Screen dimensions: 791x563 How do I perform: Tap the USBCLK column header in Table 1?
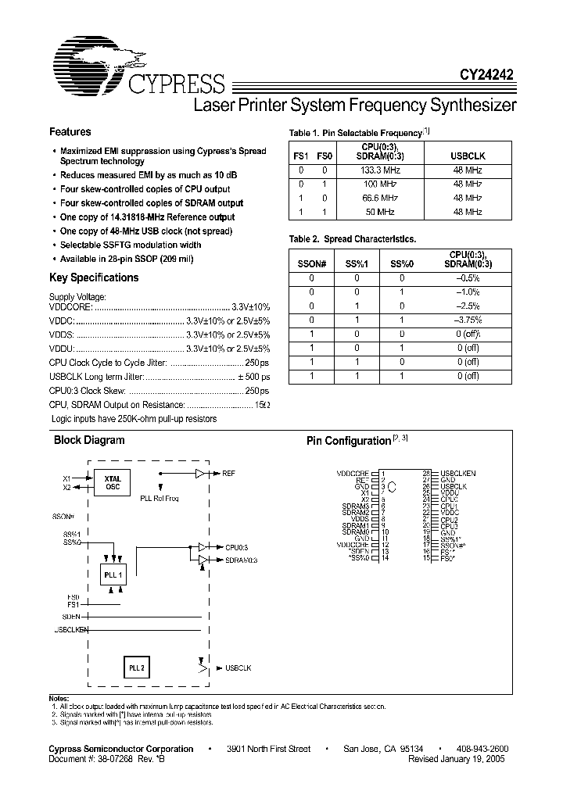[468, 156]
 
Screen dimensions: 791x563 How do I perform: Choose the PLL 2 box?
[137, 668]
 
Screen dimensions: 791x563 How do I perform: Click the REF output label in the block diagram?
[228, 474]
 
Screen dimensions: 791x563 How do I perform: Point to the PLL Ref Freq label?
[159, 498]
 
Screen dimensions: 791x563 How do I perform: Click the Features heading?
[70, 132]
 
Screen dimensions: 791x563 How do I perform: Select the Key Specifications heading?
[94, 277]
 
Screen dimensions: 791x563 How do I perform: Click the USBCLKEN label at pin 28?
[458, 474]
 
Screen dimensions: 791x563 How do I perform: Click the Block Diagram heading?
[88, 440]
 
